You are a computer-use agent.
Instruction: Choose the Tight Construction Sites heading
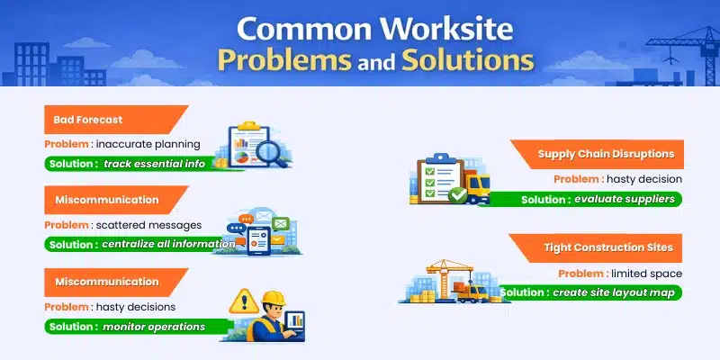[607, 247]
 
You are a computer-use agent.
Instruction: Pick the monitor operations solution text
[153, 326]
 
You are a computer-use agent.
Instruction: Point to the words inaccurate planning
[151, 144]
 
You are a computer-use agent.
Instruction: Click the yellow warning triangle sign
[243, 300]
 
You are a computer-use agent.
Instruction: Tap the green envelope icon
[279, 223]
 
